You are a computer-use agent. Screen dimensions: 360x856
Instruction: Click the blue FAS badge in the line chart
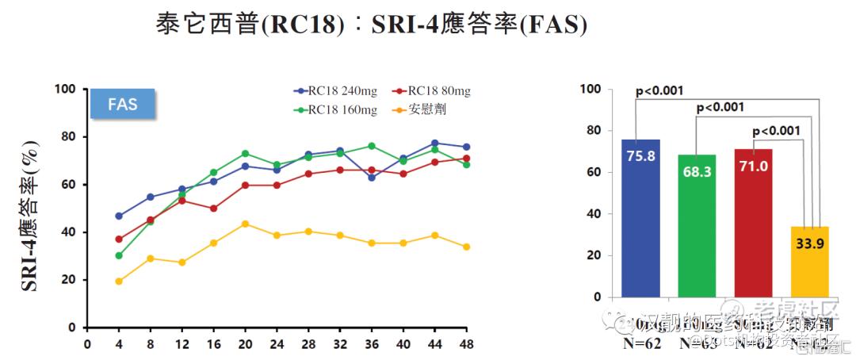pos(124,104)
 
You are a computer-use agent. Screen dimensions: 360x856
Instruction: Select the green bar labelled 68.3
pos(697,226)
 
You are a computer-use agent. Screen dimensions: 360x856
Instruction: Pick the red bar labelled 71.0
pos(753,223)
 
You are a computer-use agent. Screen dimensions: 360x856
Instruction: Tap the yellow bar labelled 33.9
pos(809,262)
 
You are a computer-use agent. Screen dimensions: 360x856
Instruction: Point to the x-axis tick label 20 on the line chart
pos(245,344)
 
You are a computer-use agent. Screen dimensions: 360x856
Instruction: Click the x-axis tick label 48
pos(466,344)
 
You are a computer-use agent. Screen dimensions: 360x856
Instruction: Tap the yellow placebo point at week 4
pos(119,281)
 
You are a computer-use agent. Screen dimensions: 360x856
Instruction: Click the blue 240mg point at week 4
pos(119,216)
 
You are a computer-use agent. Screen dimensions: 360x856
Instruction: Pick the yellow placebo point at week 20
pos(245,224)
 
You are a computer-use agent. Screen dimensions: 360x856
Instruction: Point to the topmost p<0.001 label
pos(659,91)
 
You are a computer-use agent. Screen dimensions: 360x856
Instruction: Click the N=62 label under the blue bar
pos(640,343)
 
